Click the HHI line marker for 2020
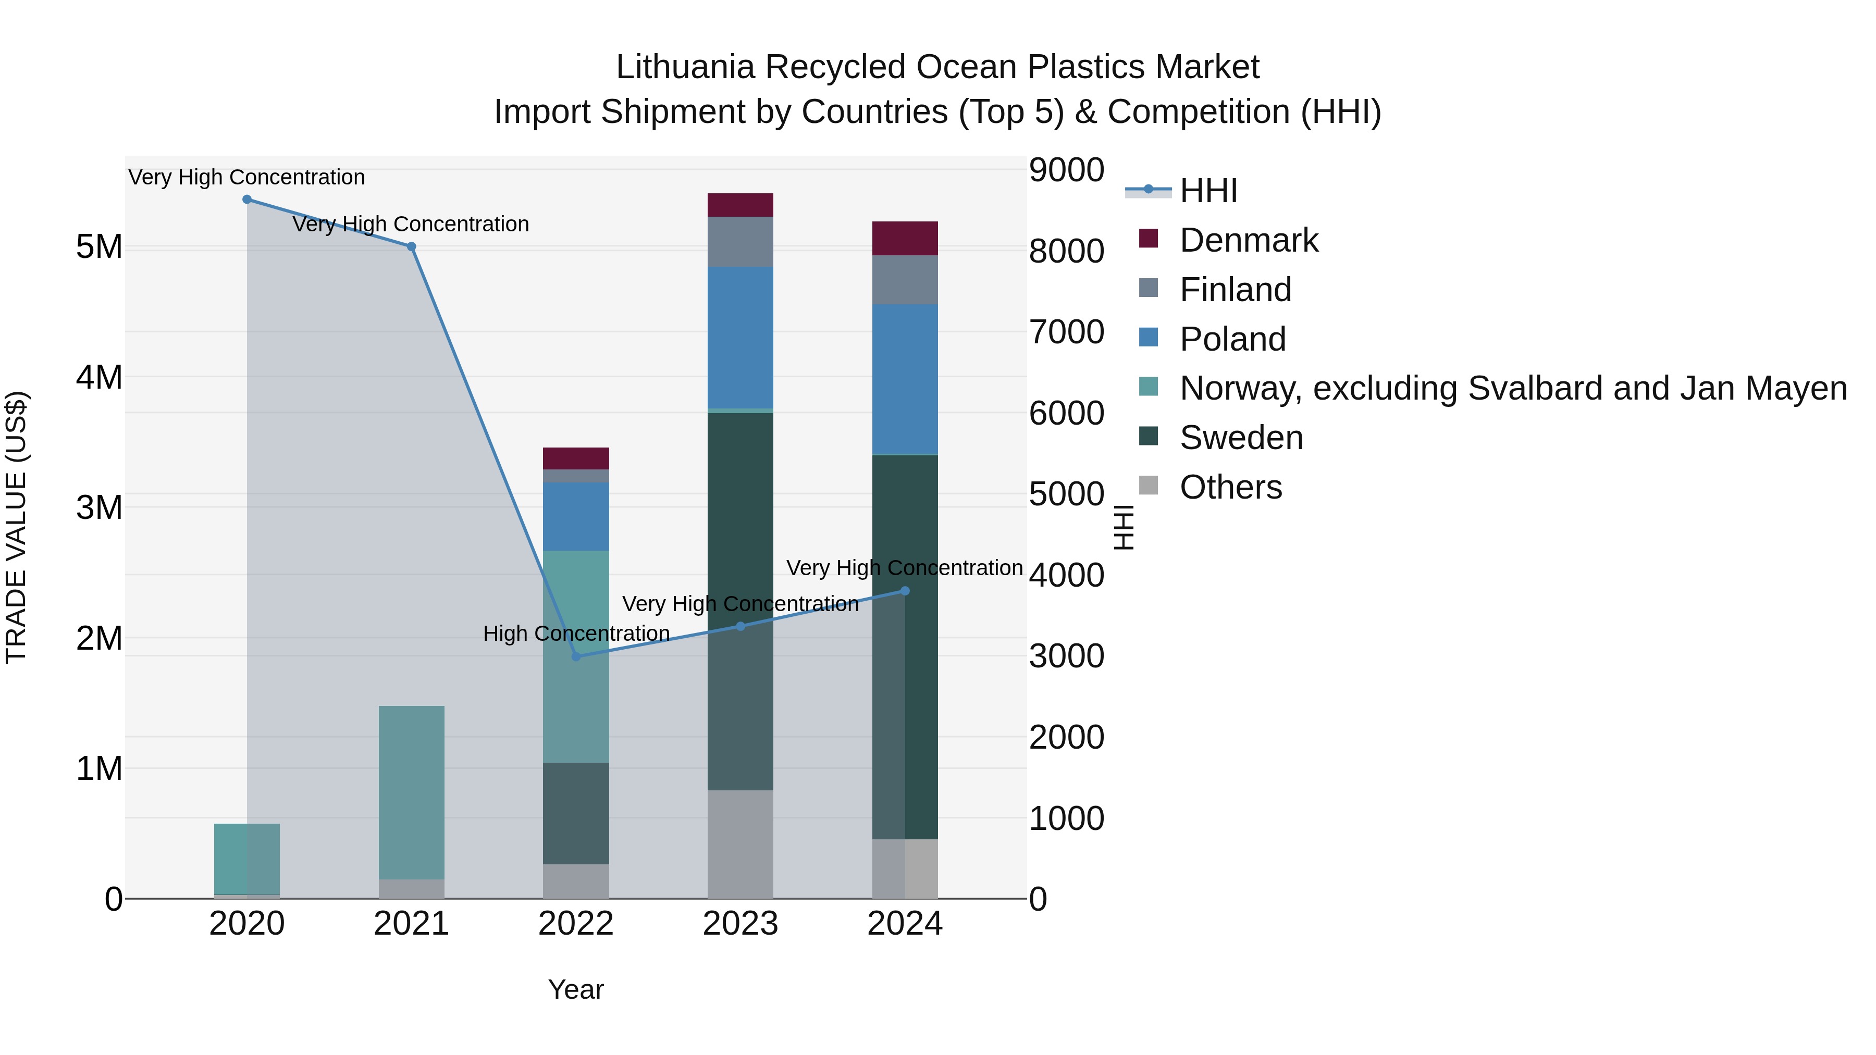(247, 200)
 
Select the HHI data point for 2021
(412, 247)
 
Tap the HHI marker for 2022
(576, 657)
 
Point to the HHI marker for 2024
(905, 591)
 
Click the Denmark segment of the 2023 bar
(740, 205)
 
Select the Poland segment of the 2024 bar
(905, 379)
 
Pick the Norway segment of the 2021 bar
(412, 792)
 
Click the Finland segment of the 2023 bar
(740, 242)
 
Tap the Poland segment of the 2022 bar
(576, 516)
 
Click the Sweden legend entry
(1241, 438)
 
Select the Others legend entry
(1231, 487)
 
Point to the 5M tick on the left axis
(100, 247)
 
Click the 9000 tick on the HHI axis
(1066, 170)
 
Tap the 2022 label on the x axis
(576, 924)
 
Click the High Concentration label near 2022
(576, 634)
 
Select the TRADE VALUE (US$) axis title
(17, 527)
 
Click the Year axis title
(576, 989)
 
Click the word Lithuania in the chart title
(685, 67)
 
